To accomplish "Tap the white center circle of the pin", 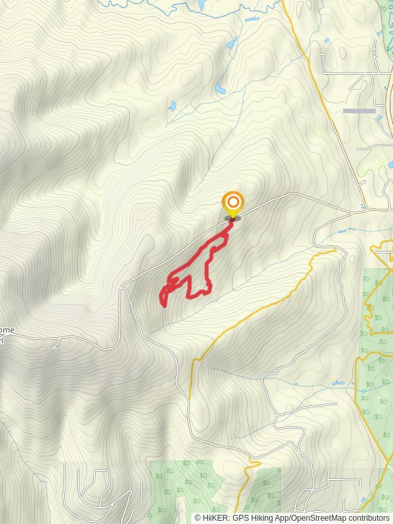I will point(233,201).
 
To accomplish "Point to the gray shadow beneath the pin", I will point(233,218).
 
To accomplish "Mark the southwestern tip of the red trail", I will point(162,303).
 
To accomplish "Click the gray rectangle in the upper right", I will point(359,111).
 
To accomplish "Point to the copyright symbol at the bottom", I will point(197,518).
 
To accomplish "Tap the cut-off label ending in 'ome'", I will point(6,330).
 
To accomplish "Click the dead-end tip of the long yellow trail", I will point(335,249).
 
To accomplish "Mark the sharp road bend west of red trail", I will point(122,288).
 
